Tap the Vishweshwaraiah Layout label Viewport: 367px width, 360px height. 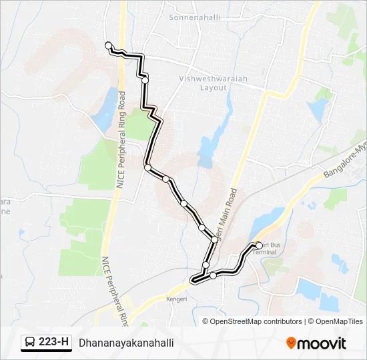(x=213, y=83)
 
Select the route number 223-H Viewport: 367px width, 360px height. (x=54, y=343)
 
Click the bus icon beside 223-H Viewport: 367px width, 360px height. (x=30, y=343)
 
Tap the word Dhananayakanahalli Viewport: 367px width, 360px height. (x=125, y=343)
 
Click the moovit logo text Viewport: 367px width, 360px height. (x=322, y=343)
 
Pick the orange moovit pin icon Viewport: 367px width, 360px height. (x=291, y=343)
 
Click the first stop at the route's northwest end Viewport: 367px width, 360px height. (x=108, y=45)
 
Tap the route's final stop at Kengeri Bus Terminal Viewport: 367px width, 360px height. (x=258, y=245)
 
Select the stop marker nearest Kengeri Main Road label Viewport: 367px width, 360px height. (x=214, y=239)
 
